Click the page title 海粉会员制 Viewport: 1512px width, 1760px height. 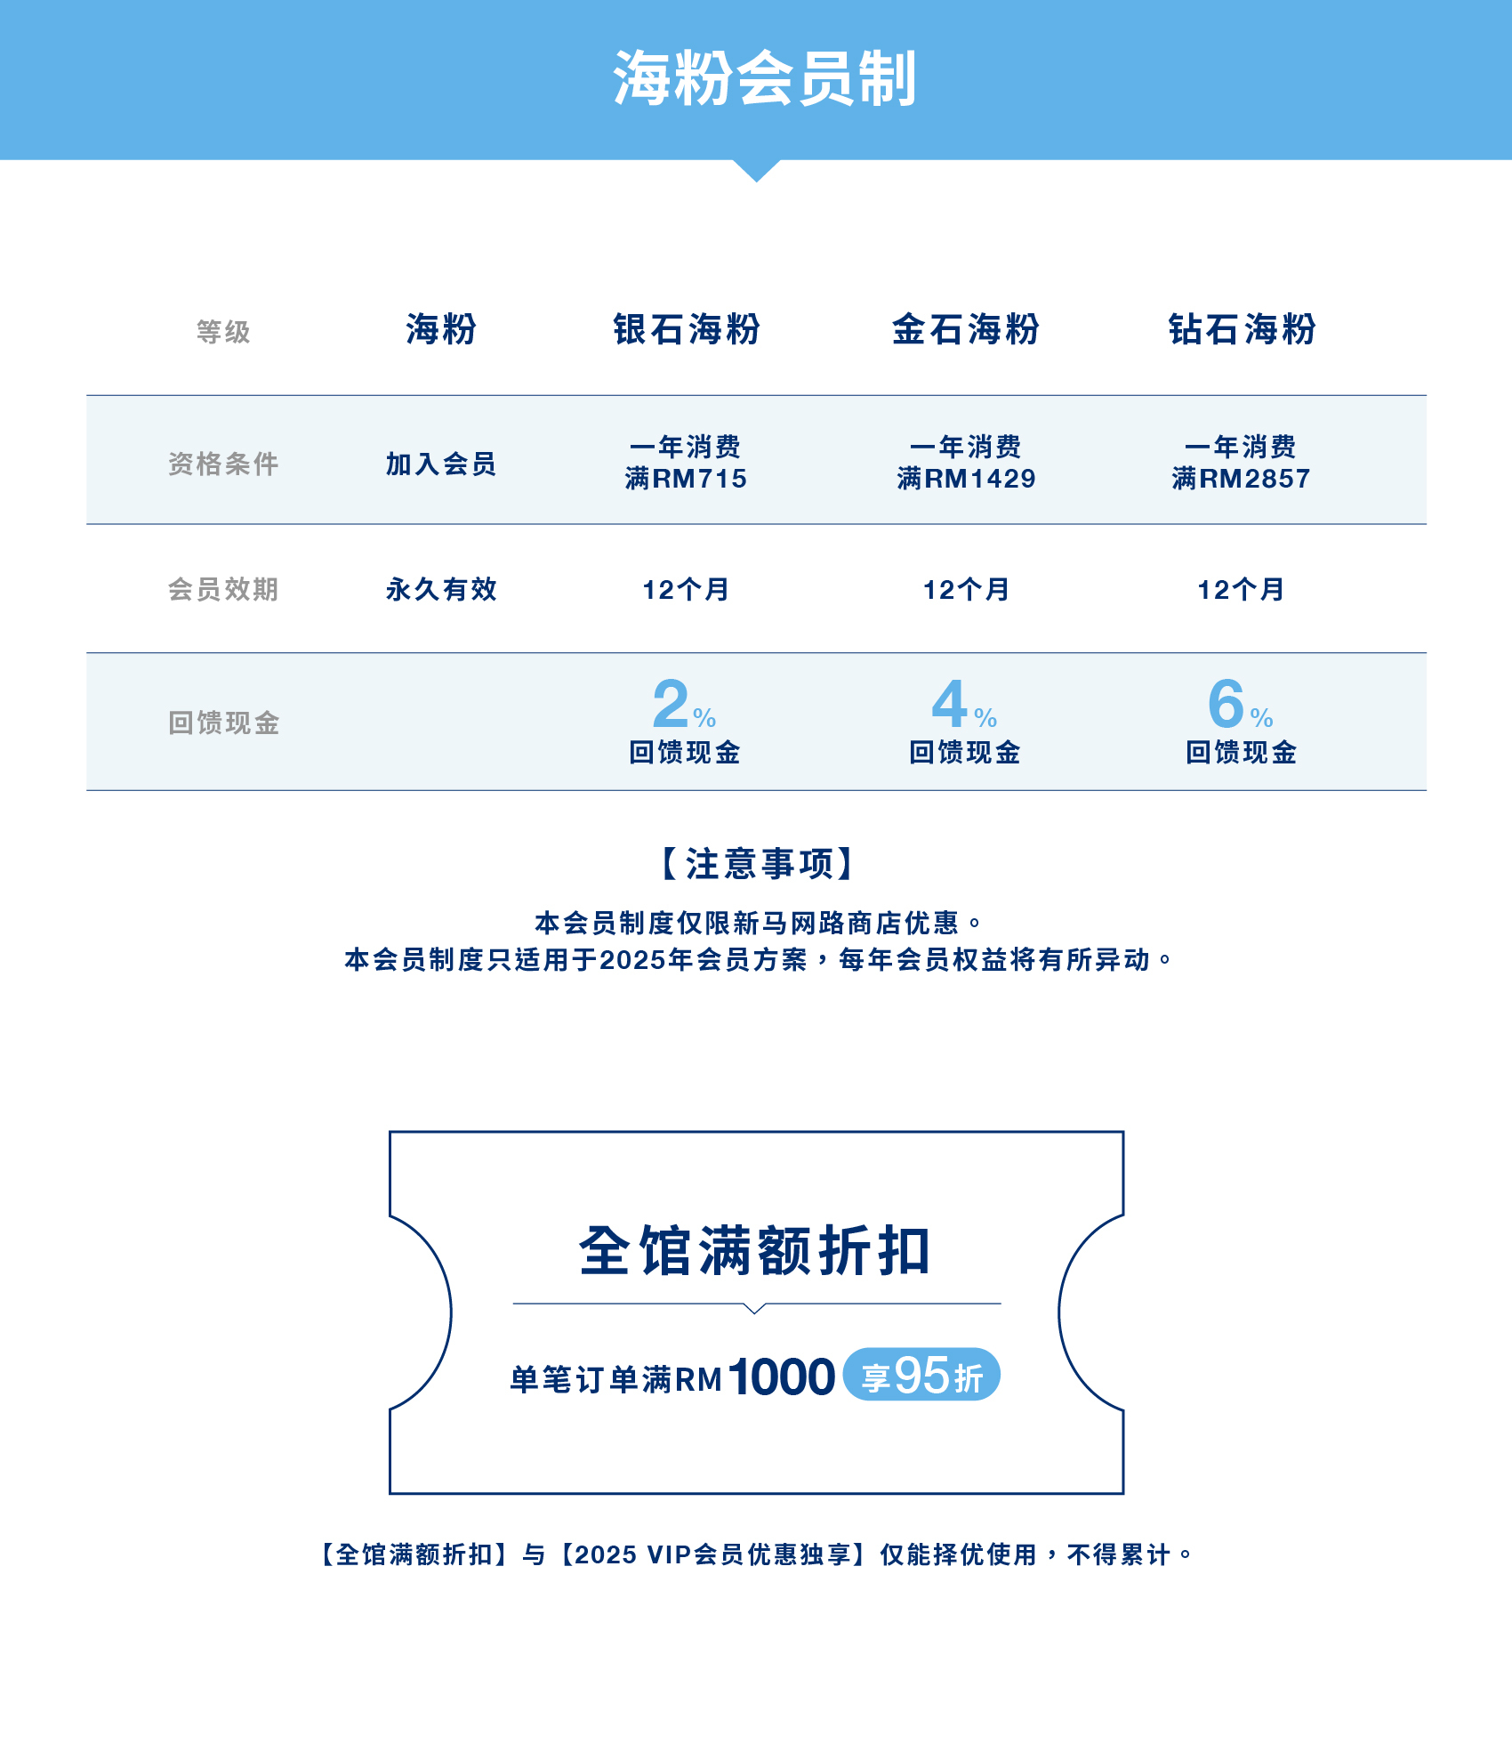click(x=763, y=78)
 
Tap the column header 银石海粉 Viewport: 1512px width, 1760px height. click(x=686, y=329)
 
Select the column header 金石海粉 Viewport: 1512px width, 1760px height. click(x=965, y=329)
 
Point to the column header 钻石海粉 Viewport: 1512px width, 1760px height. click(x=1242, y=329)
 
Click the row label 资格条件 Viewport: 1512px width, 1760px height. click(x=223, y=464)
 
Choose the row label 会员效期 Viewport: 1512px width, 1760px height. click(x=223, y=589)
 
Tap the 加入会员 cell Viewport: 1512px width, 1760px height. click(x=440, y=464)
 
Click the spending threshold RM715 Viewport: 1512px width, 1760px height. click(x=699, y=479)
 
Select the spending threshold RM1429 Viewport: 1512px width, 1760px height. click(x=979, y=479)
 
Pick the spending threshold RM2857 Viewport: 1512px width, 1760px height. click(x=1254, y=479)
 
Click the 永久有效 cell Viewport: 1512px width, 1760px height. click(x=440, y=589)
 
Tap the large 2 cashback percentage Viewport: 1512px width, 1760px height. click(x=672, y=704)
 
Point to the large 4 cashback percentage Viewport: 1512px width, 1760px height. click(x=950, y=704)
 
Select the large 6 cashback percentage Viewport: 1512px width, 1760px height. click(x=1226, y=704)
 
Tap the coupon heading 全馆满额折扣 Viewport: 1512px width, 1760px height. click(x=755, y=1251)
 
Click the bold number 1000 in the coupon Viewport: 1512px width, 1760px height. click(x=782, y=1377)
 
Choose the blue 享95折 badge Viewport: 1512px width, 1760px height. click(x=921, y=1376)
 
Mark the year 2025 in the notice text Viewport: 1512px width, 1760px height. click(x=633, y=960)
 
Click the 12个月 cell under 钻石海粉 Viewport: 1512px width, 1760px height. click(x=1241, y=589)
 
